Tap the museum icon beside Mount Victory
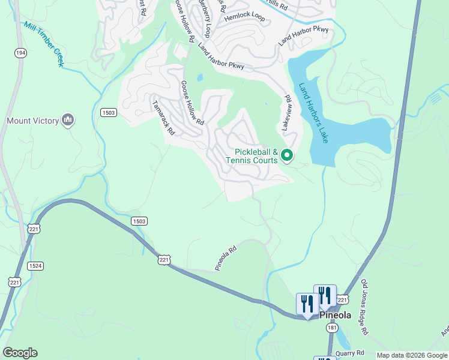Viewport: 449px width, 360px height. (x=67, y=121)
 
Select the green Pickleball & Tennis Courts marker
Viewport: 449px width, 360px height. (x=287, y=156)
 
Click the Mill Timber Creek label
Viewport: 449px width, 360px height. (x=43, y=43)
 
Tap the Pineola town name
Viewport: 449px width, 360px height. (x=334, y=315)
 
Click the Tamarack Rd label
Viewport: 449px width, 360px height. (x=163, y=117)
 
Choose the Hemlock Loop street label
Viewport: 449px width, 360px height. (x=244, y=17)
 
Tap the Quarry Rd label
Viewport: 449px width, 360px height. (x=350, y=353)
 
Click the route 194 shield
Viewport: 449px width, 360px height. (x=21, y=53)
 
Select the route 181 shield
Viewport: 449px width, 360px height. (x=332, y=328)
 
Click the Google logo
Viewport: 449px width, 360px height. (x=20, y=353)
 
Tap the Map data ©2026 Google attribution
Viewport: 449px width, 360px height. (x=411, y=355)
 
